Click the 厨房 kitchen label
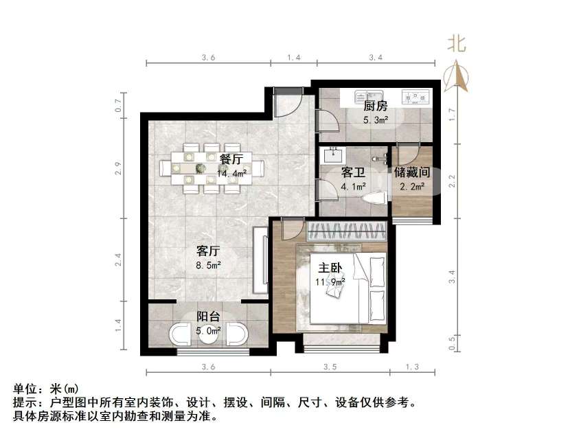(375, 106)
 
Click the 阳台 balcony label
(208, 317)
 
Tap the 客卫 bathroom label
(353, 172)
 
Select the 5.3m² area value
(375, 119)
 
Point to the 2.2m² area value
(412, 185)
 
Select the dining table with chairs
(210, 167)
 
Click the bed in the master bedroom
(347, 288)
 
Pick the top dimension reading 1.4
(293, 58)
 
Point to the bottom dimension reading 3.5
(330, 367)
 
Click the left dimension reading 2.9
(118, 165)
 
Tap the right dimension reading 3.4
(451, 277)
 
